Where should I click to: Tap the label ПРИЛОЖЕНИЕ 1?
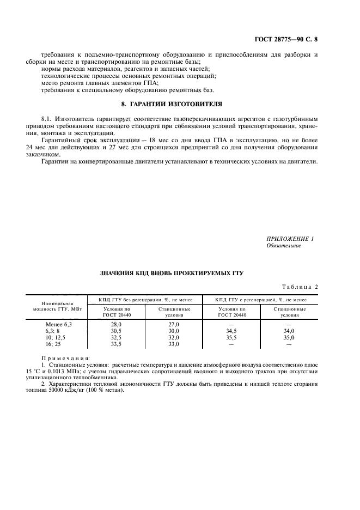290,239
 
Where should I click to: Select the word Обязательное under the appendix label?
283,246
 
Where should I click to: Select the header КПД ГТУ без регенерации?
146,300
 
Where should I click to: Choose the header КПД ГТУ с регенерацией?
261,300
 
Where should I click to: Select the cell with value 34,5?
231,331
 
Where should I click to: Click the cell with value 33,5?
116,344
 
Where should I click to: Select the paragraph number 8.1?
47,118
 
